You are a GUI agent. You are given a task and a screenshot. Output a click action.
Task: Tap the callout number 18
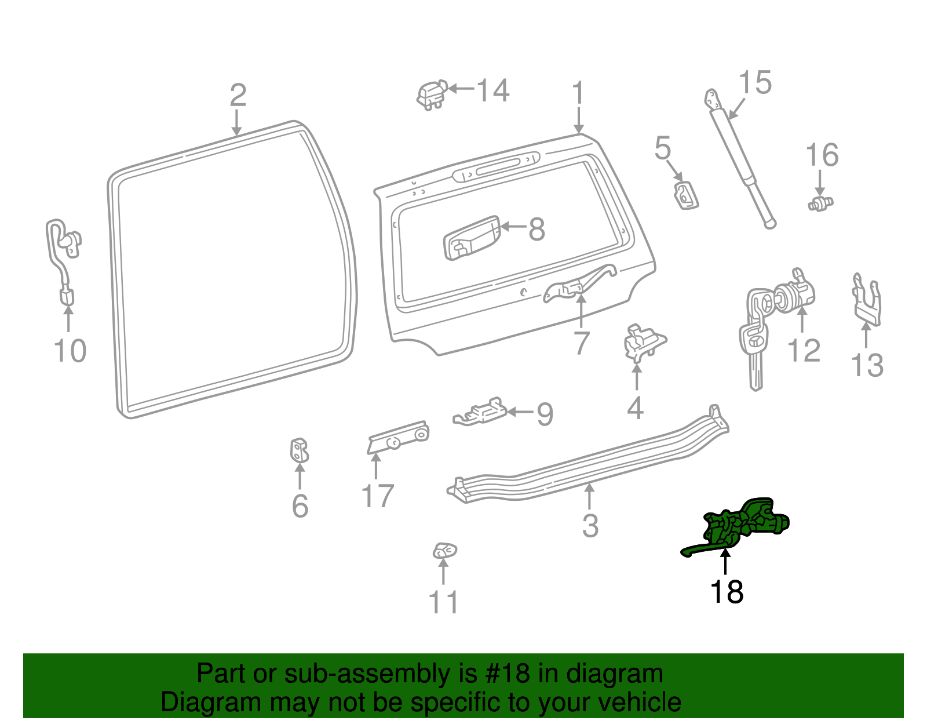pyautogui.click(x=727, y=592)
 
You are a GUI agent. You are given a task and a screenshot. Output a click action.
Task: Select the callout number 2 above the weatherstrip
pyautogui.click(x=238, y=95)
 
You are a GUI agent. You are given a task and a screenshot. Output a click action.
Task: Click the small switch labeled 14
pyautogui.click(x=431, y=94)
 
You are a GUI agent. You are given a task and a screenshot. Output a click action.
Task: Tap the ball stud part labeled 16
pyautogui.click(x=820, y=203)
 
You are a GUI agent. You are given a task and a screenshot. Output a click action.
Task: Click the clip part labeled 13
pyautogui.click(x=867, y=301)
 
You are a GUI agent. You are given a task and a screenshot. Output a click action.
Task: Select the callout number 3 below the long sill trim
pyautogui.click(x=590, y=526)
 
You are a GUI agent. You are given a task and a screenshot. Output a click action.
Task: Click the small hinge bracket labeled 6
pyautogui.click(x=299, y=450)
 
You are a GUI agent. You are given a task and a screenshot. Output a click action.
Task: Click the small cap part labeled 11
pyautogui.click(x=444, y=550)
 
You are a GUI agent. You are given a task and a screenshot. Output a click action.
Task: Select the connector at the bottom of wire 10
pyautogui.click(x=67, y=297)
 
